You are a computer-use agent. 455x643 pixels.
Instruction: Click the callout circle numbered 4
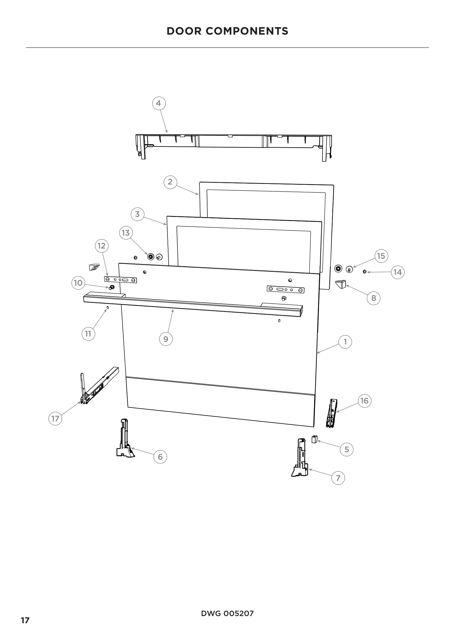[158, 103]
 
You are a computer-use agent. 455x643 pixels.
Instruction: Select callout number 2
[170, 182]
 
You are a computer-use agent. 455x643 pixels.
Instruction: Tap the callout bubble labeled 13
[126, 233]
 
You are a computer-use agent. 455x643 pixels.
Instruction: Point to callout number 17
[55, 419]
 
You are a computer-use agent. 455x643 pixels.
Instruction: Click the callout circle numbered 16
[364, 401]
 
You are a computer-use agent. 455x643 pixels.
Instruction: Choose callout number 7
[338, 478]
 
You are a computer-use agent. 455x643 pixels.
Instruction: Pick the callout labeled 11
[88, 334]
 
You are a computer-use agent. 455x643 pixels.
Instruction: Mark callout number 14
[398, 272]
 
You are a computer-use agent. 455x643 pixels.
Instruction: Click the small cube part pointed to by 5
[314, 439]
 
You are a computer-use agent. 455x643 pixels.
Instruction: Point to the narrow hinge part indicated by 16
[332, 414]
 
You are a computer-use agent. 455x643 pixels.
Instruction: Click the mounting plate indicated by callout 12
[120, 280]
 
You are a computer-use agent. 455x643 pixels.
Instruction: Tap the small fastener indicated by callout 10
[112, 287]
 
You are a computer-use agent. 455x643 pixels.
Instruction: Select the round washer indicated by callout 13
[151, 256]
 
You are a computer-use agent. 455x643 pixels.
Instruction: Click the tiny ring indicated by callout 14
[364, 272]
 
